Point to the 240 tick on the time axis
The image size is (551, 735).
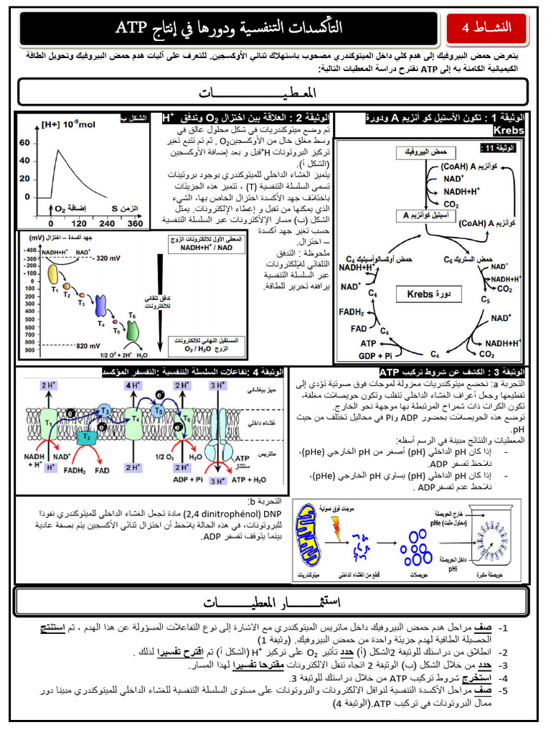(x=107, y=224)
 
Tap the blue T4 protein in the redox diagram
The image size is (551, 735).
(x=100, y=306)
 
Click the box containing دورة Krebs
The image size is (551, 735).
(x=425, y=294)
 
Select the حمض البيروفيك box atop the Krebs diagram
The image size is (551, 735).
(x=415, y=154)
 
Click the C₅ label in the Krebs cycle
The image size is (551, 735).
(x=485, y=299)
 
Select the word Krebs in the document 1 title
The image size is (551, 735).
(x=509, y=131)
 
